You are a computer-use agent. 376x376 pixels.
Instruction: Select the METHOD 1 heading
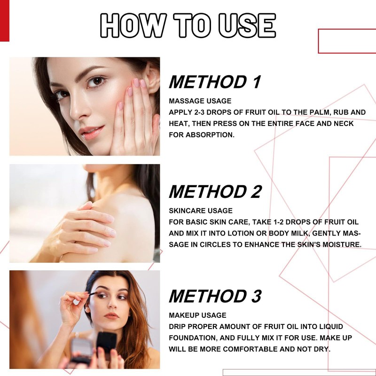(215, 82)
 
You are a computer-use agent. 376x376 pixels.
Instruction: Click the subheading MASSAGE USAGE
(200, 101)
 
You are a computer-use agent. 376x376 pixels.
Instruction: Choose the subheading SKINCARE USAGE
(201, 211)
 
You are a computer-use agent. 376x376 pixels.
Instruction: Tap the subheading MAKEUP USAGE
(198, 315)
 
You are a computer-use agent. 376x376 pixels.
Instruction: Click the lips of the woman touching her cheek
(91, 131)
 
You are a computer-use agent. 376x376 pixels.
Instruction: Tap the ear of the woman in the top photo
(151, 77)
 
